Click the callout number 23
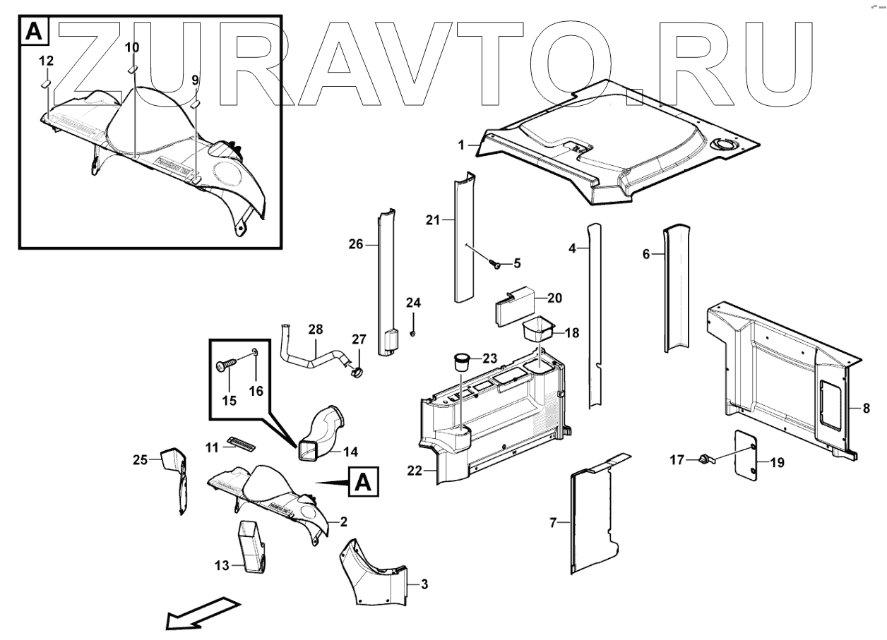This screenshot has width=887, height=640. pos(489,358)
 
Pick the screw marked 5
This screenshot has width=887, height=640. pos(495,265)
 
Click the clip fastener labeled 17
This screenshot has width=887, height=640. pos(704,461)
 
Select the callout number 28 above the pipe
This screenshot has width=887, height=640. pos(315,329)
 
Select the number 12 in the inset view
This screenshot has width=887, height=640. pos(46,61)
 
